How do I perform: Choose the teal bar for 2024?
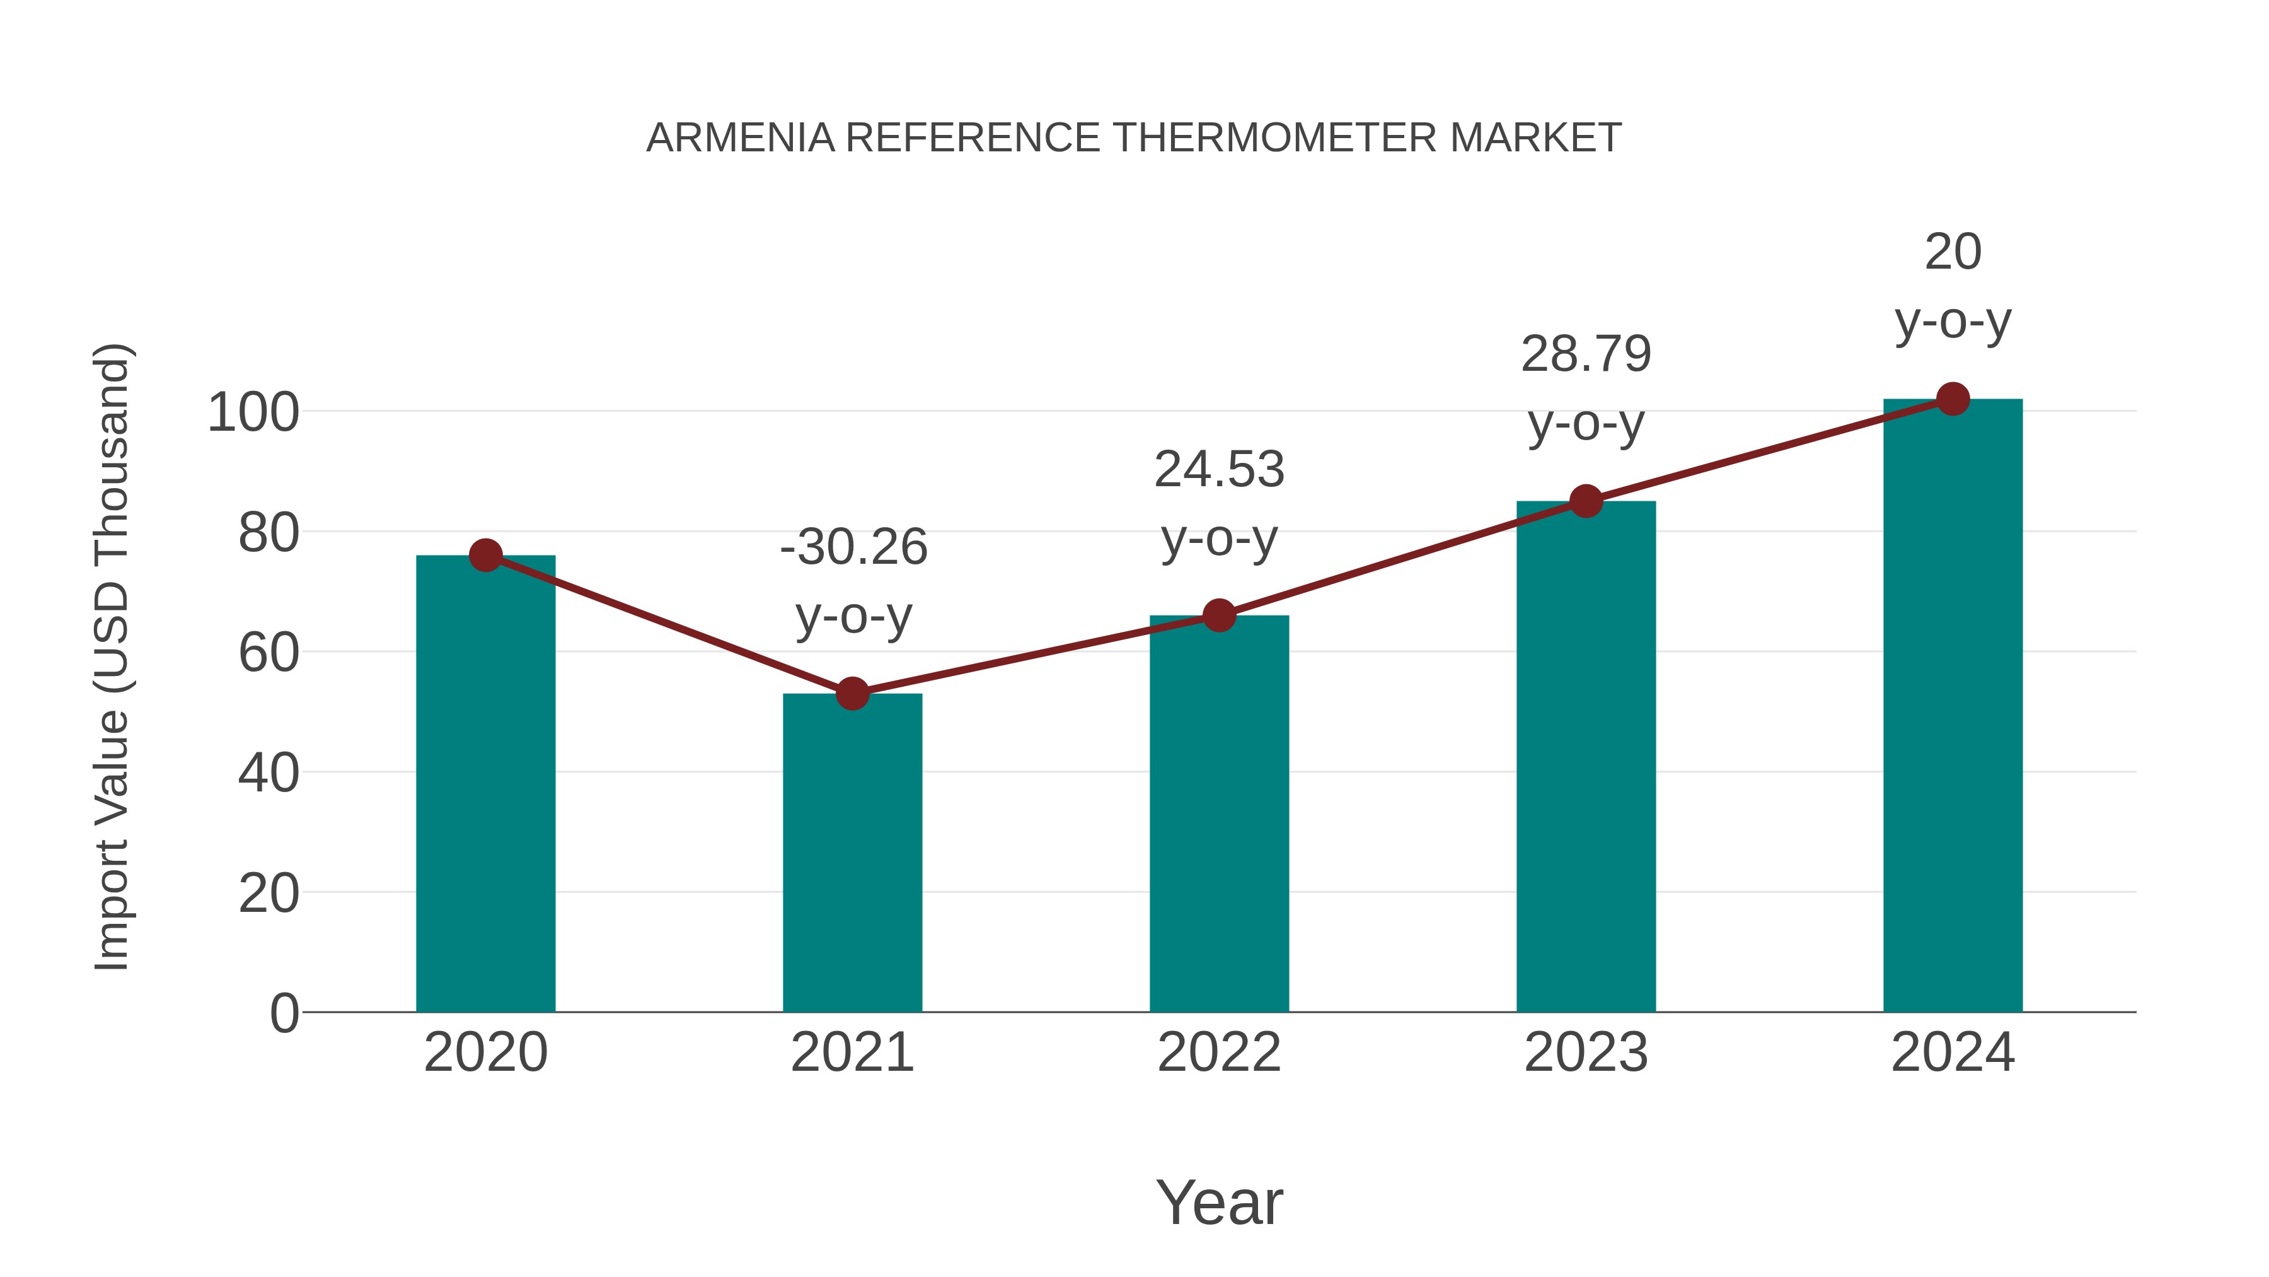(x=1953, y=705)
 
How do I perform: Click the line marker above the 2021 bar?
(x=852, y=694)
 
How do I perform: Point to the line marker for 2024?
(x=1953, y=399)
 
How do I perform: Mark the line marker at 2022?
(x=1219, y=615)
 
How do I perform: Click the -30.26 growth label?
(x=853, y=547)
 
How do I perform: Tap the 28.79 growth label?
(x=1586, y=354)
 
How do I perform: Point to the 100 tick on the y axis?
(x=253, y=412)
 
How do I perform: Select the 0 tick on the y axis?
(x=284, y=1013)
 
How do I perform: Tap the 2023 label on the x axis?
(x=1586, y=1053)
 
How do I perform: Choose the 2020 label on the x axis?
(x=485, y=1053)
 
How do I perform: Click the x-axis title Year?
(x=1219, y=1202)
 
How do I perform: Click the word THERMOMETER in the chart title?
(x=1274, y=138)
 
